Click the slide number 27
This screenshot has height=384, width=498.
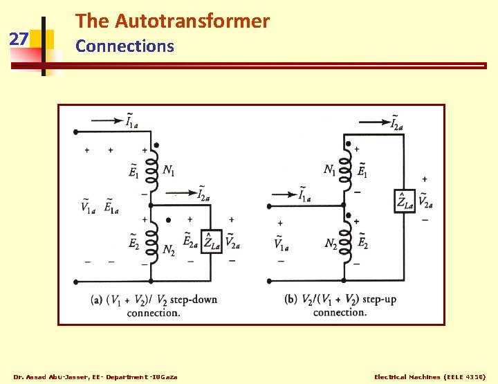pyautogui.click(x=19, y=39)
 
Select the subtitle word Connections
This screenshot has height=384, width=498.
pyautogui.click(x=124, y=46)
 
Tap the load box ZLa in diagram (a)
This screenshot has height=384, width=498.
pyautogui.click(x=210, y=241)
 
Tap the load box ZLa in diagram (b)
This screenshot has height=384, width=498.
pyautogui.click(x=405, y=201)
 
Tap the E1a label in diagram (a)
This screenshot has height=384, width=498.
pyautogui.click(x=111, y=206)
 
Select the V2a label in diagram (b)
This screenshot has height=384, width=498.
pyautogui.click(x=426, y=201)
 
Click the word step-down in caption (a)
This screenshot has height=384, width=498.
pyautogui.click(x=195, y=300)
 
